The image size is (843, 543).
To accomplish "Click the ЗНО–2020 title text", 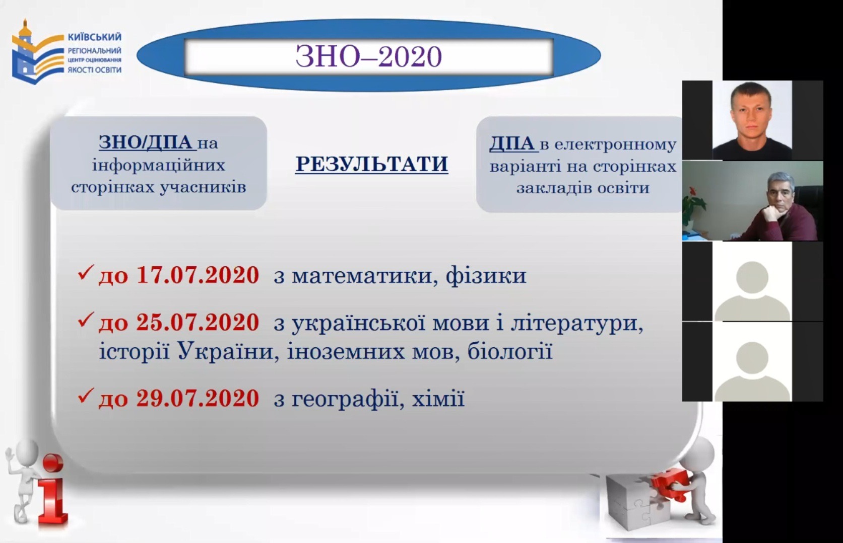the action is (x=368, y=57).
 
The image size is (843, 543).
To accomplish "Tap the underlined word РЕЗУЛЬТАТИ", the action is (x=371, y=164).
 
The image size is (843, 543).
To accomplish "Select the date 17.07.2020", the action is (x=198, y=275).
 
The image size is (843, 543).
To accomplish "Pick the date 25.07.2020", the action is (x=198, y=322).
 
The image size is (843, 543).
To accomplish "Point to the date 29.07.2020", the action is (x=198, y=398).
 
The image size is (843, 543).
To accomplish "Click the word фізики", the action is (x=486, y=276).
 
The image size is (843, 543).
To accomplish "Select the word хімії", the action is (x=438, y=398).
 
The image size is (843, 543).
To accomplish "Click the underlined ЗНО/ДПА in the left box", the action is (x=147, y=142).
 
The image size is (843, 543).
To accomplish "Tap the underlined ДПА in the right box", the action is (x=513, y=144).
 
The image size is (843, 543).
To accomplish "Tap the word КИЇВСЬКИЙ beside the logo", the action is (x=94, y=37).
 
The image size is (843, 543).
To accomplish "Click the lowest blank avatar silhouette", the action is (x=752, y=370).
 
